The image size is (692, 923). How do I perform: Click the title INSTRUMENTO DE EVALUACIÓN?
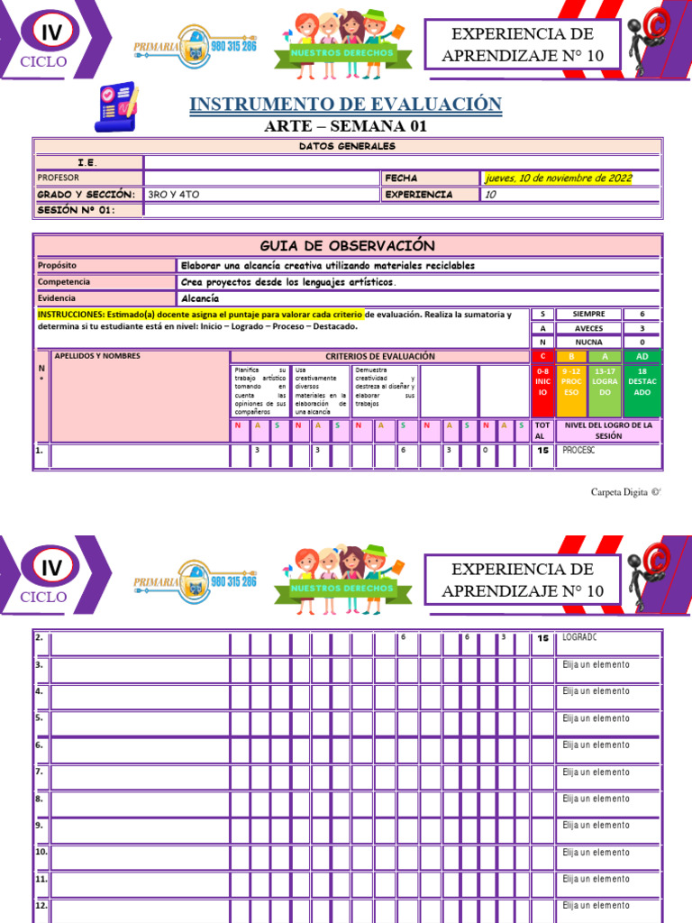345,104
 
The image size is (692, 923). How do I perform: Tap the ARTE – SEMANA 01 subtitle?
345,126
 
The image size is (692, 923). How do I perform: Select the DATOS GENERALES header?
346,146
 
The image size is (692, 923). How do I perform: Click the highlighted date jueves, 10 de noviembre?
559,178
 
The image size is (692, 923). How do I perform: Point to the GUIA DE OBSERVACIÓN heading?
347,245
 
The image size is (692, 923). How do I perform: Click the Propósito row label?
58,266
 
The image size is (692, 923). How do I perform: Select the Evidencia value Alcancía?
199,297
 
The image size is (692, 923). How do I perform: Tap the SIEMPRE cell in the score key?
588,314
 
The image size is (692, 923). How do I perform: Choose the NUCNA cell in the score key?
588,343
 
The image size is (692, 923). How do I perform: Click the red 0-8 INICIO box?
542,387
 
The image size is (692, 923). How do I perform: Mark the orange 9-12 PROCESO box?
572,387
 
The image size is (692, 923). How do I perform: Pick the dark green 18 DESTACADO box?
642,387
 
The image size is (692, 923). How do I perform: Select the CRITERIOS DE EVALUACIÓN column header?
379,356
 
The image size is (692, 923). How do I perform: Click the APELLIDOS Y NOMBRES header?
97,356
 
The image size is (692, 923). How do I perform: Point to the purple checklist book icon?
115,107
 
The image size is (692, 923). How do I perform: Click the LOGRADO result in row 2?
579,637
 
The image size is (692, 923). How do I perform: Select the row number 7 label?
40,772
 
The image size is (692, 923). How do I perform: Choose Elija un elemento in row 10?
596,852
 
